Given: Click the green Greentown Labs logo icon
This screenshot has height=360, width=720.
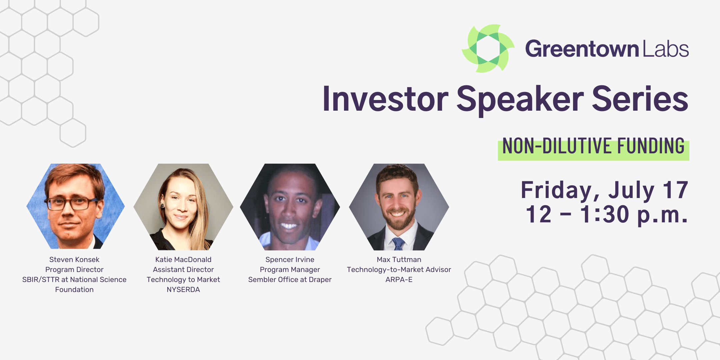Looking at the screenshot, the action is pyautogui.click(x=488, y=48).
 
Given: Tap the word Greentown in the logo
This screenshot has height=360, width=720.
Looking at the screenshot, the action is pyautogui.click(x=582, y=49).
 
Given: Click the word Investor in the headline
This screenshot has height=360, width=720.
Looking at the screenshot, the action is pyautogui.click(x=385, y=99).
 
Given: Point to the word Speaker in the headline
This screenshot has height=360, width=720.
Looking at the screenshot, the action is pyautogui.click(x=520, y=100).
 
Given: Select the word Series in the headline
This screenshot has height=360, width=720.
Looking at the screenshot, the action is pyautogui.click(x=640, y=99).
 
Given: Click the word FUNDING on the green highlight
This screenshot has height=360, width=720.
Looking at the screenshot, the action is pyautogui.click(x=651, y=146).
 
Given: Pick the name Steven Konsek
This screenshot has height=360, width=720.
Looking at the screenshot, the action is pyautogui.click(x=74, y=259).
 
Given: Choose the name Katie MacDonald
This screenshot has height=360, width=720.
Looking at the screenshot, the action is pyautogui.click(x=183, y=259).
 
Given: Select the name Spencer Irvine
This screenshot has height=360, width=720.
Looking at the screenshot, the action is pyautogui.click(x=290, y=259).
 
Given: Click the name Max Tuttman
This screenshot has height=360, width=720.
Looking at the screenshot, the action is pyautogui.click(x=399, y=259).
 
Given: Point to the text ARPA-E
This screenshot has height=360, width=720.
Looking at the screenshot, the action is pyautogui.click(x=399, y=279).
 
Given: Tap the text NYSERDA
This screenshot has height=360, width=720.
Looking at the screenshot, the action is pyautogui.click(x=183, y=289).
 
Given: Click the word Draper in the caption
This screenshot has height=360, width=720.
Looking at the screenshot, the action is pyautogui.click(x=320, y=280).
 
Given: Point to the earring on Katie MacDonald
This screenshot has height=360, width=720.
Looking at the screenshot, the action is pyautogui.click(x=163, y=206).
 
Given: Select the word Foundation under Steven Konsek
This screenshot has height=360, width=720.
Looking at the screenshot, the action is pyautogui.click(x=74, y=289).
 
